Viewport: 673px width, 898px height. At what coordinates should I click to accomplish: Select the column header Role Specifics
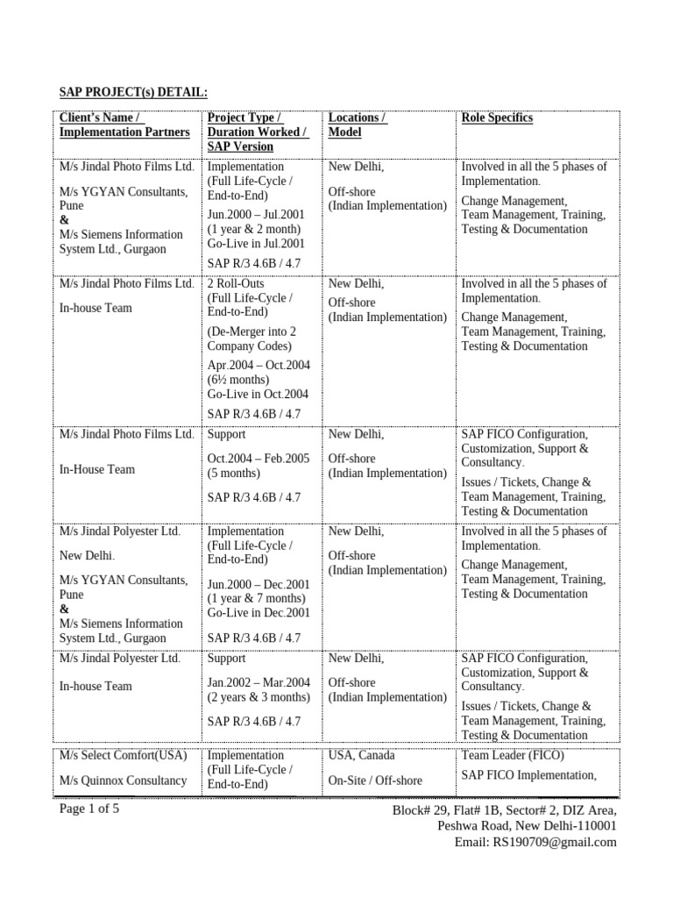point(497,118)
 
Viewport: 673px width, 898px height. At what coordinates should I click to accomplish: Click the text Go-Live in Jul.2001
point(256,244)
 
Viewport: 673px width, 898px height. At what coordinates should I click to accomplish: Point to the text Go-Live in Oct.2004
point(257,395)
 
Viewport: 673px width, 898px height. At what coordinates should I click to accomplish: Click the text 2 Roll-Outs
point(236,284)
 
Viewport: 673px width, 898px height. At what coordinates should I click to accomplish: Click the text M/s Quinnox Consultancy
point(123,780)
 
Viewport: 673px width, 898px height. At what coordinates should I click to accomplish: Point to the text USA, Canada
point(361,755)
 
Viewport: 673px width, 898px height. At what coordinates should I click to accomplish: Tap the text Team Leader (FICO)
point(513,755)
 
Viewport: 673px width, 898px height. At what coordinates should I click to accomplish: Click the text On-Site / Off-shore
point(375,780)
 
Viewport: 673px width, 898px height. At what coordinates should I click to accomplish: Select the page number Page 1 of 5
point(89,809)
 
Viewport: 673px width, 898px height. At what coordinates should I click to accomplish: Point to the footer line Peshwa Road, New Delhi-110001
point(528,826)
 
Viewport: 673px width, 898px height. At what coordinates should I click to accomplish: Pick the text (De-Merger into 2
point(251,331)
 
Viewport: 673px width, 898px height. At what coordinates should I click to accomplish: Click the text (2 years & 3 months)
point(259,697)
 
